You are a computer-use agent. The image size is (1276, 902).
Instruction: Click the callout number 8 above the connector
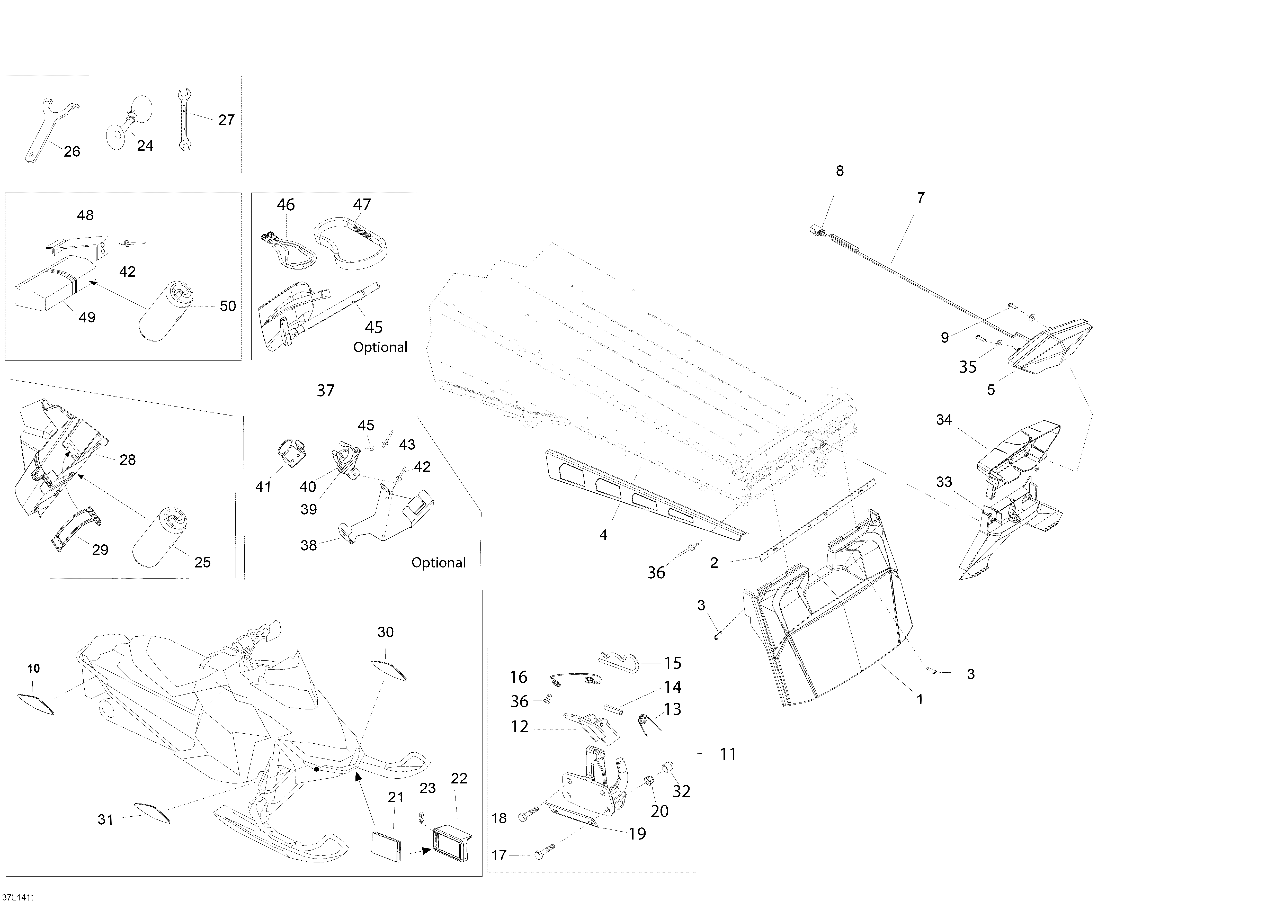(840, 171)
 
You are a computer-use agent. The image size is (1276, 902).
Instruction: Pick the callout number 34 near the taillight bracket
(944, 420)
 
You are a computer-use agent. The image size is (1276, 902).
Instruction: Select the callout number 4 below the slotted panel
(603, 535)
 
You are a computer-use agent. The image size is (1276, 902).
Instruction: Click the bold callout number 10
(33, 669)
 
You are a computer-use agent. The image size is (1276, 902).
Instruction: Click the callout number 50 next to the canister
(228, 306)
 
